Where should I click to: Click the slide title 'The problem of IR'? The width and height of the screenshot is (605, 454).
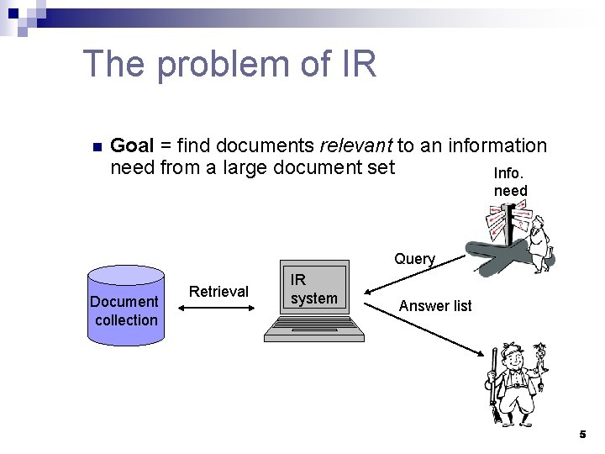230,64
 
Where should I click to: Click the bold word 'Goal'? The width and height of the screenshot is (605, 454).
131,145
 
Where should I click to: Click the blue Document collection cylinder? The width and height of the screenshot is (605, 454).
125,306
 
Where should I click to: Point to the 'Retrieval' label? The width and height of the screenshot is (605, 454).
219,292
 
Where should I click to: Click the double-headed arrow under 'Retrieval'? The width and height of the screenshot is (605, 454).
218,309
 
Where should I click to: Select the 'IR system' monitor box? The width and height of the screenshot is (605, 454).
313,291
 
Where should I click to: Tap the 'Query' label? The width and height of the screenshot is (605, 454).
414,259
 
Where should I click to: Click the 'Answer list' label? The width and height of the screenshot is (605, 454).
435,306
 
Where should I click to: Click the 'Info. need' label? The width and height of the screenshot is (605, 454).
510,182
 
